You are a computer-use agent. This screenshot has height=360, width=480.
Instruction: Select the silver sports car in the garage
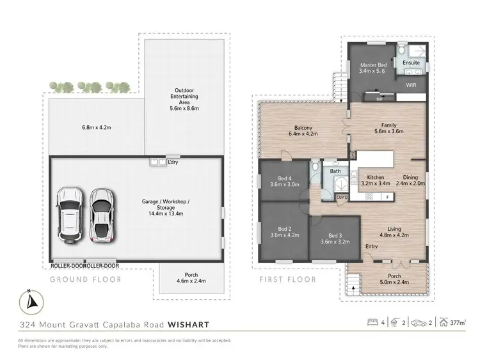coord(101,215)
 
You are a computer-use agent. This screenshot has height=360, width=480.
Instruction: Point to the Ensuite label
coord(412,63)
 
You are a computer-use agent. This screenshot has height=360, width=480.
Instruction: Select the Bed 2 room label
coord(284,228)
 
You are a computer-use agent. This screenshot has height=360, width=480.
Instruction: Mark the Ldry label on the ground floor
coord(173,162)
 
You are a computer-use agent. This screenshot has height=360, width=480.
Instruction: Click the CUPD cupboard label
coord(341,198)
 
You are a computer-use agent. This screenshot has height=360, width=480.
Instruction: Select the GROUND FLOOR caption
coord(86,279)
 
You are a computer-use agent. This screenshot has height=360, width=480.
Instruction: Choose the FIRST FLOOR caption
coord(288,279)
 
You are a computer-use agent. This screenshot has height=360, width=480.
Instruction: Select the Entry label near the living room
coord(371,246)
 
